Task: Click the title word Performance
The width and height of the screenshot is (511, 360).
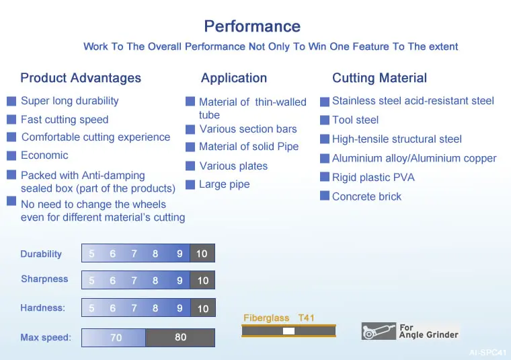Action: (x=252, y=26)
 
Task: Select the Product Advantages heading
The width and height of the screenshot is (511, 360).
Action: (x=81, y=78)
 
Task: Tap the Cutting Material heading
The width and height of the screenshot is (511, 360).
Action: (x=379, y=78)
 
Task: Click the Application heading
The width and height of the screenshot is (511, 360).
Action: (x=234, y=78)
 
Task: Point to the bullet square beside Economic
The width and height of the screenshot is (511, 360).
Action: (x=11, y=155)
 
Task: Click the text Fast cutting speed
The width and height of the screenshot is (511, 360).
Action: (x=65, y=119)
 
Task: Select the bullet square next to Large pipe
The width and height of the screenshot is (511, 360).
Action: (x=190, y=184)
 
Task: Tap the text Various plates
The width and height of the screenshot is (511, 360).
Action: (x=233, y=166)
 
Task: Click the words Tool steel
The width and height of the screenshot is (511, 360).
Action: (x=355, y=120)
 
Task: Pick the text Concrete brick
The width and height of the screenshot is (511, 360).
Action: (x=366, y=196)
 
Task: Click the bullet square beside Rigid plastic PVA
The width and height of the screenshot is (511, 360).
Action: (x=325, y=177)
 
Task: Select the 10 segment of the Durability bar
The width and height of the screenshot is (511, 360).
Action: (x=202, y=253)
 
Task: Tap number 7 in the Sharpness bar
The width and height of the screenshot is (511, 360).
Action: (x=134, y=281)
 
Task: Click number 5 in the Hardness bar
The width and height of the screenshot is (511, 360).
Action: (x=91, y=308)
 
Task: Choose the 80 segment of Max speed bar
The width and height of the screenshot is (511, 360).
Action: (x=180, y=338)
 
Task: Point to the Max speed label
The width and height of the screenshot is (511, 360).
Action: (x=46, y=337)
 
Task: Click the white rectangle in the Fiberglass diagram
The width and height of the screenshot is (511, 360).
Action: (x=288, y=331)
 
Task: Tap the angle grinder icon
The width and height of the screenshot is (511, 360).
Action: (x=379, y=331)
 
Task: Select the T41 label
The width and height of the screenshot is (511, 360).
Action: (x=306, y=318)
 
